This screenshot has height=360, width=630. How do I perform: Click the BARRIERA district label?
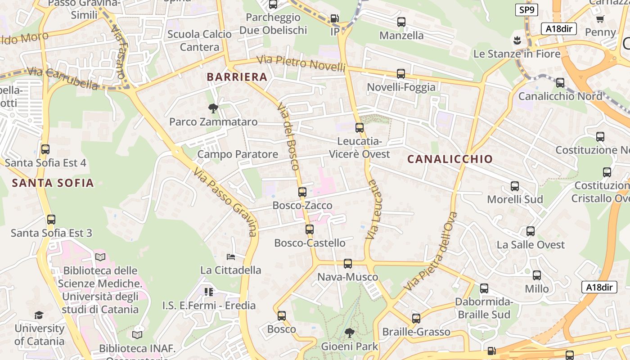coord(237,77)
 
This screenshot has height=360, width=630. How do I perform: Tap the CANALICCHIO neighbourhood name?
coord(450,159)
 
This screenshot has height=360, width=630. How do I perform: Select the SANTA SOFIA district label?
coord(53,183)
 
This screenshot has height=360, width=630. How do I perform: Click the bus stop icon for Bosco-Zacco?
coord(302,192)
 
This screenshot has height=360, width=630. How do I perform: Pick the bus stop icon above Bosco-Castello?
coord(310,229)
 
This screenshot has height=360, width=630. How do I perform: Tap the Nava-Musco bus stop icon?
coord(348,264)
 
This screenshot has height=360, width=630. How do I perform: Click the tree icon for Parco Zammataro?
coord(213,108)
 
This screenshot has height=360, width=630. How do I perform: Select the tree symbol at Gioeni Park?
coord(349,333)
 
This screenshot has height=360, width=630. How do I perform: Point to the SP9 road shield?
coord(526,10)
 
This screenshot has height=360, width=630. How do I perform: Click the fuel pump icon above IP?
coord(334,18)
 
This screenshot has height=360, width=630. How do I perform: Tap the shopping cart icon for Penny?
coord(600,19)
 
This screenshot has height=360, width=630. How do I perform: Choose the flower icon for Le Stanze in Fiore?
coord(517,40)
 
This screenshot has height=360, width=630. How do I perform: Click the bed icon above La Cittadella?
coord(231,257)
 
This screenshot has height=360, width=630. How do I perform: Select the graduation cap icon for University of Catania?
coord(39,315)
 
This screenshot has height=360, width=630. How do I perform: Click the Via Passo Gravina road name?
coord(226,202)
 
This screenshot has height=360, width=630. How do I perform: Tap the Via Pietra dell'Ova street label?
coord(431,250)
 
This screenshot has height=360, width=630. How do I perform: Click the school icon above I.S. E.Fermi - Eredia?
coord(208,292)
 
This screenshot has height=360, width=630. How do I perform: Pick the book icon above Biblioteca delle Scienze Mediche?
coord(100,257)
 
